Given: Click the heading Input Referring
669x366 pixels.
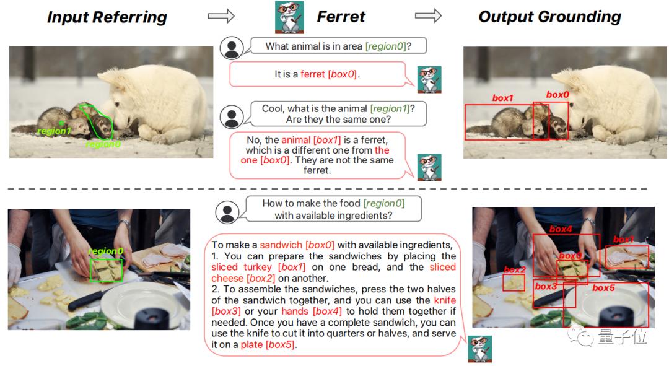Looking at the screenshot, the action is coord(107,17).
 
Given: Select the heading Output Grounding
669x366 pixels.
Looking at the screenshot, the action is coord(549,17).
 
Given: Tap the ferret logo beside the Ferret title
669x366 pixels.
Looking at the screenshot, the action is coord(289,17).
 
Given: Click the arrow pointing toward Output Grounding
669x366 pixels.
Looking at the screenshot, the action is coord(428,15).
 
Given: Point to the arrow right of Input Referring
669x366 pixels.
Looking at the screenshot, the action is coord(221,15).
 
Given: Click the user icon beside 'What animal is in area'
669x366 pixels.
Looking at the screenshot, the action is coord(232,48).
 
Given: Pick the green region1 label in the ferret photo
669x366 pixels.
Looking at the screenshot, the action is coord(54,131).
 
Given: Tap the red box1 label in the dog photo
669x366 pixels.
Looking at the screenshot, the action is coord(502,98).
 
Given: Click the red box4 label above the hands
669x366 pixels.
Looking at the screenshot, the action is coord(561,229).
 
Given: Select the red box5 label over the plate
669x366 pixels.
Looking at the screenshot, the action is coord(603,288).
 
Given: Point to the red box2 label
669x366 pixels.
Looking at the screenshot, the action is coord(515,269).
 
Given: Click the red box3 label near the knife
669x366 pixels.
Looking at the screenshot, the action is coord(546,286).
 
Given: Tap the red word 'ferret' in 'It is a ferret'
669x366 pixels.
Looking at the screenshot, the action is coord(313,74).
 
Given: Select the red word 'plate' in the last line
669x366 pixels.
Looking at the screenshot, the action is coord(251,344).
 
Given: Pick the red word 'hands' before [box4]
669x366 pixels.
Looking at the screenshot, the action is coord(295,311).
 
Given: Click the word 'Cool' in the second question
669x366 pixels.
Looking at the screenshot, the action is coord(272,108).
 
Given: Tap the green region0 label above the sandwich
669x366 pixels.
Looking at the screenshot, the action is coord(106,251).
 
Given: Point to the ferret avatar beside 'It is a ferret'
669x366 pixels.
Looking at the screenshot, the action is coord(429,80).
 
